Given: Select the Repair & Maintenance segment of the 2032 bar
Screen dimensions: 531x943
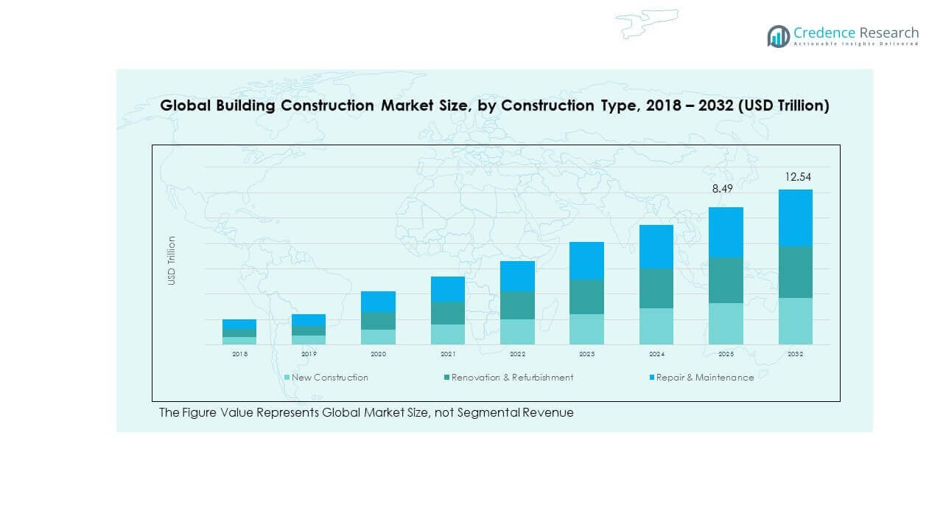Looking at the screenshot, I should [795, 218].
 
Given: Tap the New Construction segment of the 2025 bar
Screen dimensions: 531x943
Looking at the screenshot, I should [726, 324].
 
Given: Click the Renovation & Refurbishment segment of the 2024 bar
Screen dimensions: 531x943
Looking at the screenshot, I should [656, 288].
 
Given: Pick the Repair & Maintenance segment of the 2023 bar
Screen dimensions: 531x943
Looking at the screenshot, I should [586, 260].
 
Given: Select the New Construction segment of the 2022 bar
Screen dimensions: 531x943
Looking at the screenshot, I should [517, 332].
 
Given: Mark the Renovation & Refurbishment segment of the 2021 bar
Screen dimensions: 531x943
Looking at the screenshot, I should [448, 313].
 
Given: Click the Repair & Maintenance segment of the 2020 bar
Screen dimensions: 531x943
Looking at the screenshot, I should [378, 302].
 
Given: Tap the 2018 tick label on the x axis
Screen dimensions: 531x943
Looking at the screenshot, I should [239, 355].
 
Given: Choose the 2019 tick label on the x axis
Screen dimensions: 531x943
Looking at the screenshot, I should [309, 355].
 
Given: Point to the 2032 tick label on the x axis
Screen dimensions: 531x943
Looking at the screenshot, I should [795, 355].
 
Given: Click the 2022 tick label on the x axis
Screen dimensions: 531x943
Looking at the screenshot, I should [517, 355].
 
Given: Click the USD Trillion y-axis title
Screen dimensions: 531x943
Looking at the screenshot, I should [172, 260].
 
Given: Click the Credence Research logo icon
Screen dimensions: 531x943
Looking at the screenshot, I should [778, 36].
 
